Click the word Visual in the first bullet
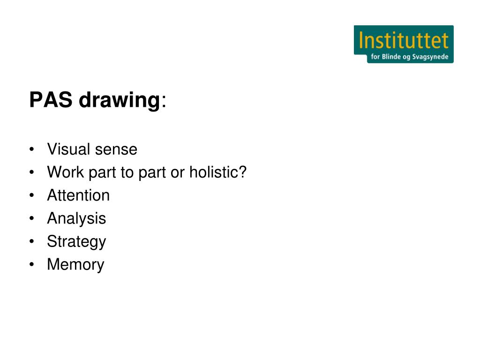point(68,150)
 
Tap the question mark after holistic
point(242,172)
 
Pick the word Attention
point(78,195)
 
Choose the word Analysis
point(76,219)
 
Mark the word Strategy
point(76,242)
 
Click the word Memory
point(75,265)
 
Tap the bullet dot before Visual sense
point(31,150)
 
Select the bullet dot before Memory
point(31,265)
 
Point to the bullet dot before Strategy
point(31,242)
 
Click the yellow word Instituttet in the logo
point(404,41)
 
